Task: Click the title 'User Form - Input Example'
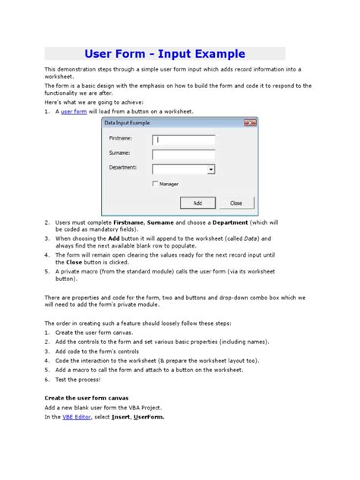click(165, 54)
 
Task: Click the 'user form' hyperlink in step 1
click(74, 111)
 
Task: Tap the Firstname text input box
click(184, 140)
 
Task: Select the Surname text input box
click(184, 154)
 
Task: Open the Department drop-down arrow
click(210, 169)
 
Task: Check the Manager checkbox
click(156, 184)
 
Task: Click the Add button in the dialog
click(197, 203)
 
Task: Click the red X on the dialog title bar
click(249, 123)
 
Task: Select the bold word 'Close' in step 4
click(72, 261)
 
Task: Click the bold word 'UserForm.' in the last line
click(147, 417)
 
